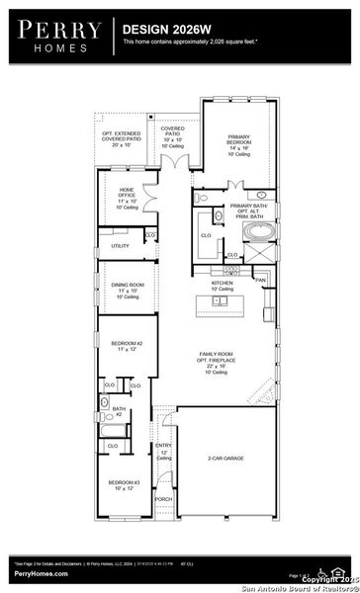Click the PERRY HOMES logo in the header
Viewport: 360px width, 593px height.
[54, 37]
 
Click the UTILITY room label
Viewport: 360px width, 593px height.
[120, 245]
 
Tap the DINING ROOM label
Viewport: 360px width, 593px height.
[127, 289]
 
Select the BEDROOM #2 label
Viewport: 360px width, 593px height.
[127, 345]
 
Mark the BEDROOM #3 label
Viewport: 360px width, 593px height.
[126, 484]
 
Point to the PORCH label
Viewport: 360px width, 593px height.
[163, 499]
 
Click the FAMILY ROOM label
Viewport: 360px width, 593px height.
[221, 359]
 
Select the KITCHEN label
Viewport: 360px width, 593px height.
[222, 285]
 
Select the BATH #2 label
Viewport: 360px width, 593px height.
[118, 411]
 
